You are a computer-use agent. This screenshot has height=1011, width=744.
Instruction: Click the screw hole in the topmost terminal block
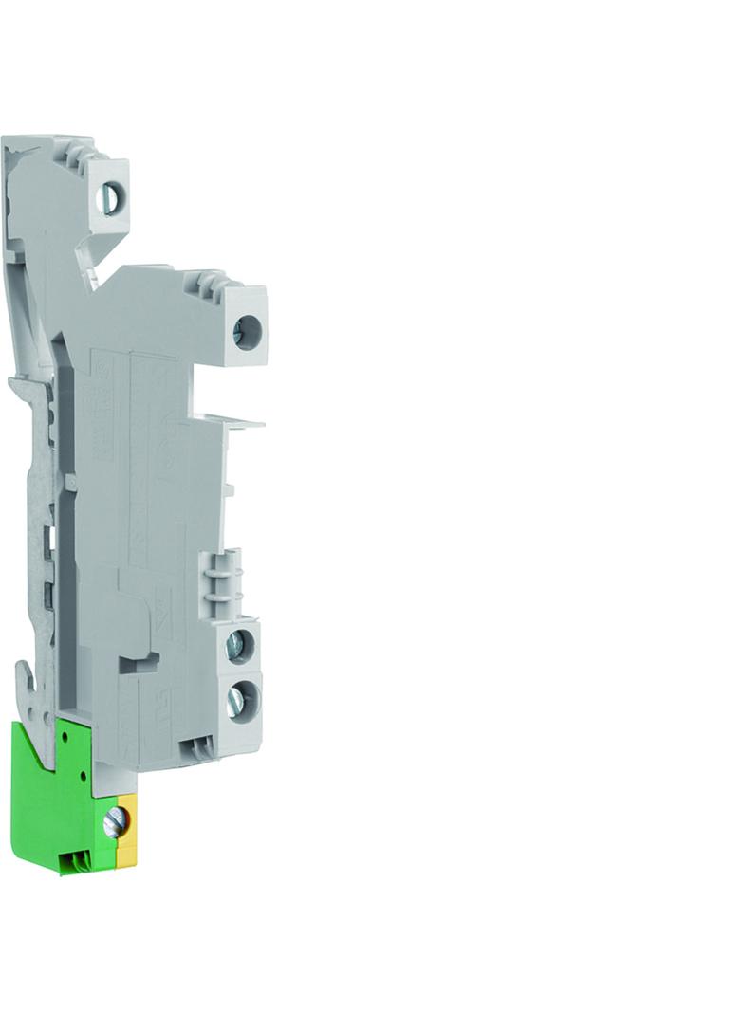click(110, 198)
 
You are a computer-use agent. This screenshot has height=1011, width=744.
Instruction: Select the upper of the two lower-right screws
click(236, 646)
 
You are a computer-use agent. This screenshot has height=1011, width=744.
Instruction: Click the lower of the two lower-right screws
click(237, 701)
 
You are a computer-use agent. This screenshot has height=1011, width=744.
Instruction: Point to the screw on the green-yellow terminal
click(115, 821)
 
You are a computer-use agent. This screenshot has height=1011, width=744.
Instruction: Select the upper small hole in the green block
click(64, 736)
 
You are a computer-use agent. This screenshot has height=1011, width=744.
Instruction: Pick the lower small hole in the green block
click(84, 774)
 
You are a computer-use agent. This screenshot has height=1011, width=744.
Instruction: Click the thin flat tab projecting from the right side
click(237, 420)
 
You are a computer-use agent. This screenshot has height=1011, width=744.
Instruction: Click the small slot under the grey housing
click(198, 747)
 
